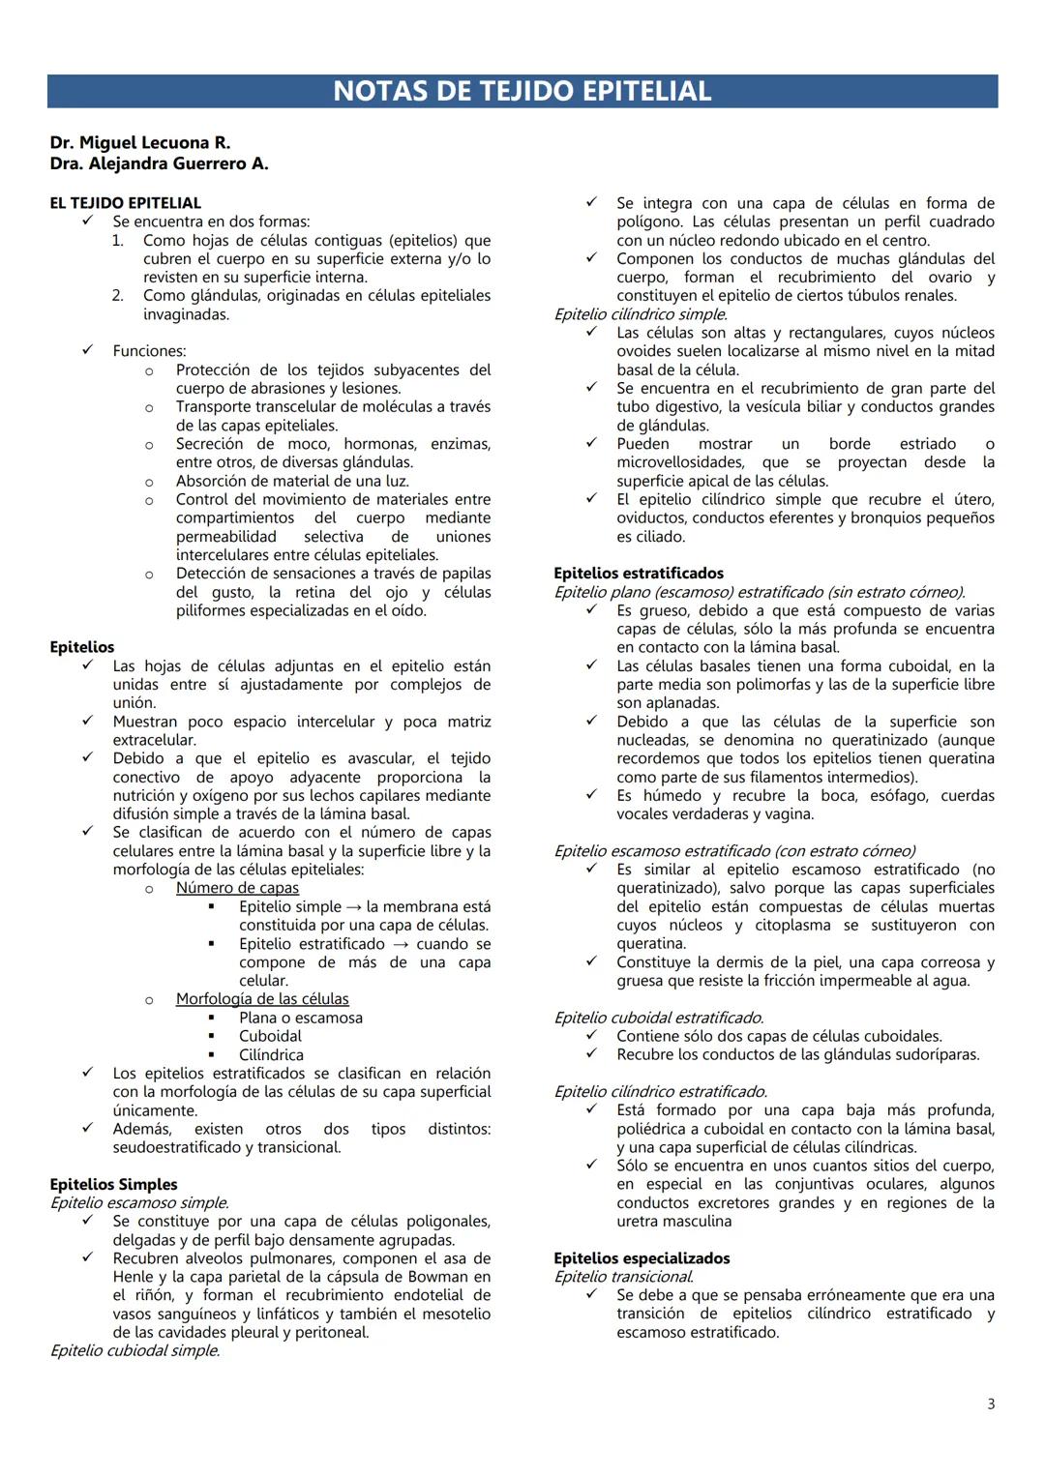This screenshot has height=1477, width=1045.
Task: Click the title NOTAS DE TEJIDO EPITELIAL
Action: pos(522,91)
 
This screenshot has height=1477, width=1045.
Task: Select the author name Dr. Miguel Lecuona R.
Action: pos(139,143)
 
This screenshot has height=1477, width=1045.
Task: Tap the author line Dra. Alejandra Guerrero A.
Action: pos(159,163)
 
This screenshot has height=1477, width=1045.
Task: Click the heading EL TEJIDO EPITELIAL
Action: pos(126,203)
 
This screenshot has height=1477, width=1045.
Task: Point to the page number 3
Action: pos(990,1403)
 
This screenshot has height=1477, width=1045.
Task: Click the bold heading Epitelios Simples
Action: pos(113,1184)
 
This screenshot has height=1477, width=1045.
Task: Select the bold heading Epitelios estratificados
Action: pos(639,573)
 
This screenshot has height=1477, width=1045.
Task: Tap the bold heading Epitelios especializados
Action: pos(642,1257)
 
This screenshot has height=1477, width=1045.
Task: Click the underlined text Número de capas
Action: pos(237,887)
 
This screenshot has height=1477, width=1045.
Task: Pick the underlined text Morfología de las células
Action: pos(262,998)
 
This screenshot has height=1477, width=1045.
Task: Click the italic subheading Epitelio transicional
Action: pos(623,1277)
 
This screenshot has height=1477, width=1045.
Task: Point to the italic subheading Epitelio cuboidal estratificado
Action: pos(658,1018)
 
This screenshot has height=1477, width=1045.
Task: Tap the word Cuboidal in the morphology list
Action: pos(270,1036)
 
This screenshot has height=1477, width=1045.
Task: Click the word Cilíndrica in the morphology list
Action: pos(271,1054)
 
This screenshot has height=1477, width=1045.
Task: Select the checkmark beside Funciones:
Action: pos(87,351)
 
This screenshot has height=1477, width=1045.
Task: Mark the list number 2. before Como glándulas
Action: pos(117,296)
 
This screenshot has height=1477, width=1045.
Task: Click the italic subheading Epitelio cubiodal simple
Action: pos(134,1350)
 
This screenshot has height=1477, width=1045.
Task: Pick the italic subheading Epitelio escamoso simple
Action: pos(139,1203)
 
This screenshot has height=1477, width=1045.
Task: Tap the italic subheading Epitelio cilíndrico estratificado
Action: pos(660,1091)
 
